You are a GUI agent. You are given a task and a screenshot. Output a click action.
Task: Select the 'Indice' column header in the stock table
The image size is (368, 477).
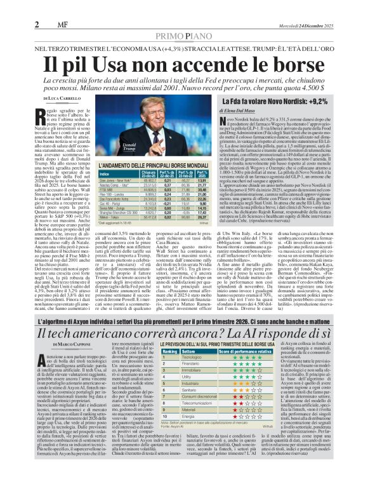(104, 173)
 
